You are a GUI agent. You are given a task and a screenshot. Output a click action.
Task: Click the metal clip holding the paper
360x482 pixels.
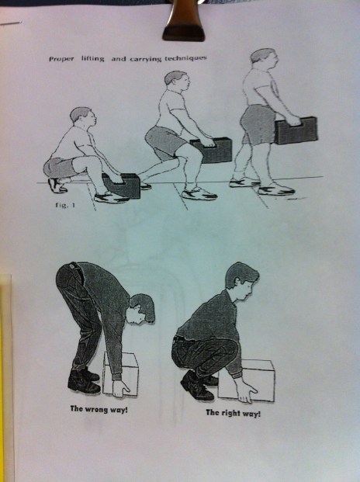click(183, 21)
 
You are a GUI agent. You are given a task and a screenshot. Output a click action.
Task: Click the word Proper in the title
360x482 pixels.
click(61, 59)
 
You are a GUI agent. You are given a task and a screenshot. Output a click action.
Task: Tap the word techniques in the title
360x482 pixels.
click(185, 57)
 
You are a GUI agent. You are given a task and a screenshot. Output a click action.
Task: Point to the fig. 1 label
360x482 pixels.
click(65, 205)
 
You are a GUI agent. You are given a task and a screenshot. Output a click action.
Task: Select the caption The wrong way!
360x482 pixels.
click(99, 409)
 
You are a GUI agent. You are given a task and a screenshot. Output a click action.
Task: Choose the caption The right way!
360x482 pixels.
click(233, 412)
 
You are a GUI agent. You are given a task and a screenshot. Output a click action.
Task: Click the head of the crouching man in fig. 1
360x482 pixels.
click(83, 116)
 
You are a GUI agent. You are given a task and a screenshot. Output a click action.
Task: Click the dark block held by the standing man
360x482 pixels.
click(296, 130)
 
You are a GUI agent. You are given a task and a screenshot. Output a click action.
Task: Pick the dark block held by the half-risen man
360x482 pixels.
click(211, 150)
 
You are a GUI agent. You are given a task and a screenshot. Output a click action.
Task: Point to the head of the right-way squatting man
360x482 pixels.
click(242, 280)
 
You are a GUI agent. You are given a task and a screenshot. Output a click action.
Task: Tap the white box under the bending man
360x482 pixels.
click(120, 374)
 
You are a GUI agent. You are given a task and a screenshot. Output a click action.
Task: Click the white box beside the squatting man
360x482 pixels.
click(247, 380)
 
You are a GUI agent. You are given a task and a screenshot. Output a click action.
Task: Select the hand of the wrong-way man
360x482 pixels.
click(121, 388)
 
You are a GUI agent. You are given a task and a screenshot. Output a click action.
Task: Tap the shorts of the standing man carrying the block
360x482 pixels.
click(258, 125)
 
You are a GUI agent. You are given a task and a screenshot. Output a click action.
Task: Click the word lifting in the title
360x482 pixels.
click(92, 58)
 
